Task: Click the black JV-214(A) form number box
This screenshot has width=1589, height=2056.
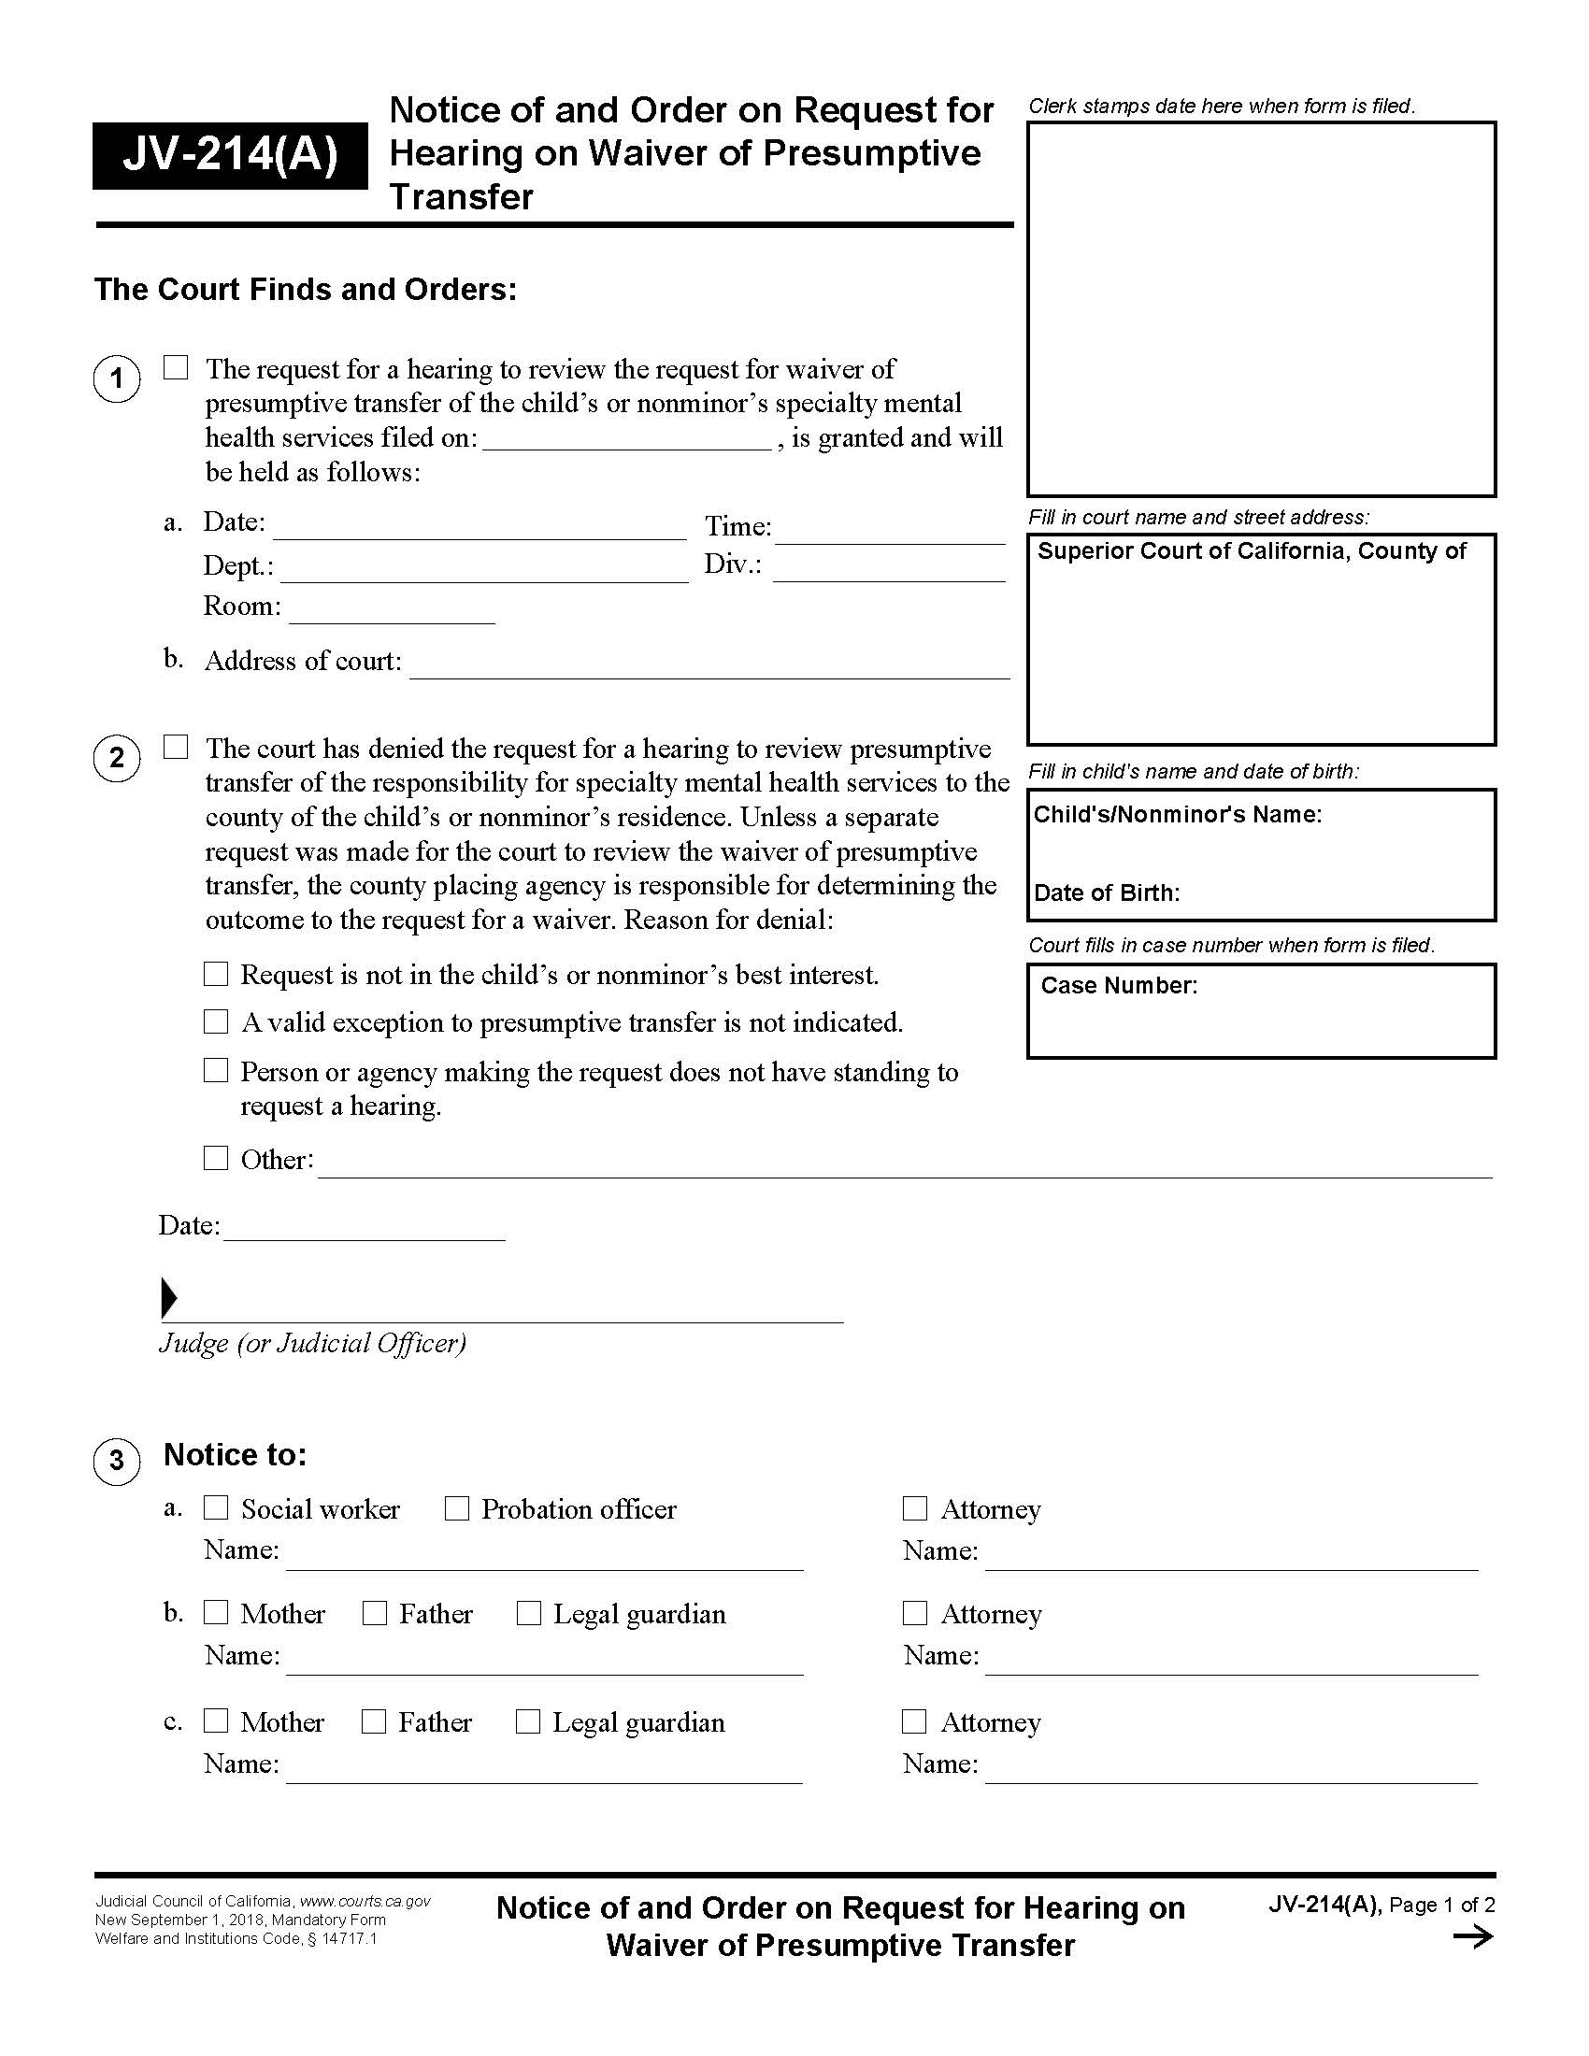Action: point(230,155)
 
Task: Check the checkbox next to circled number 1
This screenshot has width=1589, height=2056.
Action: point(176,367)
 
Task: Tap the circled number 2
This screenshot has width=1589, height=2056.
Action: point(117,758)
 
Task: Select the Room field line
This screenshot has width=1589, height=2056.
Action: point(392,613)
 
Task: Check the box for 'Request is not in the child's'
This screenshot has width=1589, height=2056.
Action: point(217,974)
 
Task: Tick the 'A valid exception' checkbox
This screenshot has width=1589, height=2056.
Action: point(217,1021)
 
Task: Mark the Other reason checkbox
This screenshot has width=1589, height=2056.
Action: point(217,1158)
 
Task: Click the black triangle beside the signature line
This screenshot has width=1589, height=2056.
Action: point(169,1298)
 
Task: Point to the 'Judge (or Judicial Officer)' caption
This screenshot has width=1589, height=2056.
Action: point(312,1342)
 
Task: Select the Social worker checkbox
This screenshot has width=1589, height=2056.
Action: point(217,1508)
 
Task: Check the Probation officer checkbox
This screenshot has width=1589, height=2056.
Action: point(457,1508)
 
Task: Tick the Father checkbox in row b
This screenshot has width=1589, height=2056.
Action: point(375,1613)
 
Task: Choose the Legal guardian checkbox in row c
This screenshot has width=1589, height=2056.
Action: point(528,1720)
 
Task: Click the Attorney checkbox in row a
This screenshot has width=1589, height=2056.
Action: point(915,1508)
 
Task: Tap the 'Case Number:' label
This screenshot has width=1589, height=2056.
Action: point(1118,986)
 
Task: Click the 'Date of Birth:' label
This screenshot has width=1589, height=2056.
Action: point(1106,892)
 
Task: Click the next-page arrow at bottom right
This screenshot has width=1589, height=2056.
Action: point(1472,1936)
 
